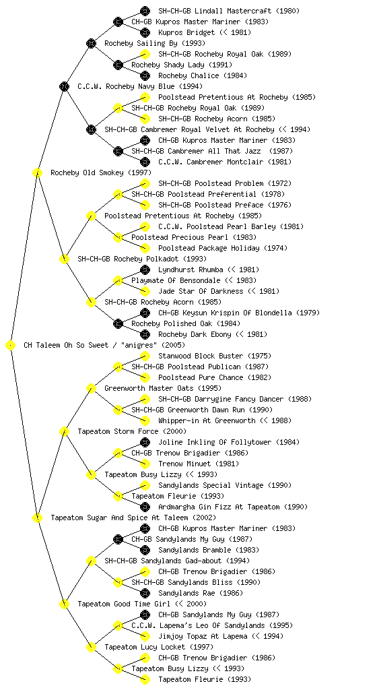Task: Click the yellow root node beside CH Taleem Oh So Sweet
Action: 11,346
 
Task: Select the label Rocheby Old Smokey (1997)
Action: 100,173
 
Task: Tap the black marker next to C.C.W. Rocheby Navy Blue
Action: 64,86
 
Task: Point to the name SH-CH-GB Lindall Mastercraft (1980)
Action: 229,11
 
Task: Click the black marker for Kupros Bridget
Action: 145,32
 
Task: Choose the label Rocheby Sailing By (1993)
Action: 155,43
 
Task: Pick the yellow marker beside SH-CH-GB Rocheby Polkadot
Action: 64,259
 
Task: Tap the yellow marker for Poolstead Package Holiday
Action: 145,248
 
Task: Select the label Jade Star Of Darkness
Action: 201,291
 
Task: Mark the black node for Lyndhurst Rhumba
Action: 145,270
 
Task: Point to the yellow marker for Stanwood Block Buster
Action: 145,356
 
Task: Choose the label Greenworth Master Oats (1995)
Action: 163,388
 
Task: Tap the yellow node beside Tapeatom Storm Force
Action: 64,432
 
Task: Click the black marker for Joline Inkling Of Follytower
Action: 145,442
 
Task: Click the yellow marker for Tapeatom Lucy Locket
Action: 91,648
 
